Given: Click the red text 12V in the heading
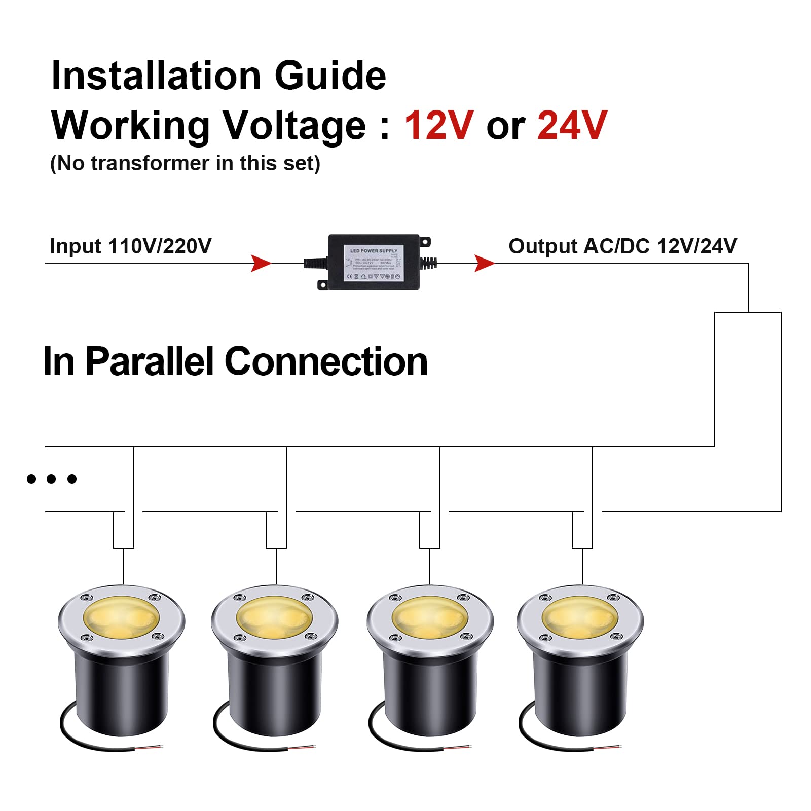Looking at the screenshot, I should click(439, 125).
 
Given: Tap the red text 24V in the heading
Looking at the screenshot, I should click(572, 125).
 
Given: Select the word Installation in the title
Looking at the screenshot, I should click(156, 76).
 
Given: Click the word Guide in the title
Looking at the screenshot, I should click(330, 76).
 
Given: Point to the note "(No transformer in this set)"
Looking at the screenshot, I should click(185, 164).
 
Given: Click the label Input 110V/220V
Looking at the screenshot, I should click(130, 246).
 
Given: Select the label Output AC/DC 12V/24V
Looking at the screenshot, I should click(622, 246).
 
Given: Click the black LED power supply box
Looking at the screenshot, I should click(374, 262).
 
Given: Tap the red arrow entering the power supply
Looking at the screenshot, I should click(261, 264).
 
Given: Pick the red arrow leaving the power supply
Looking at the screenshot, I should click(484, 264).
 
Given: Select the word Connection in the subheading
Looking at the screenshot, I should click(326, 362).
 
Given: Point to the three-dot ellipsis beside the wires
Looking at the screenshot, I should click(51, 478).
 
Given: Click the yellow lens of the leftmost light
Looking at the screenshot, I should click(121, 617).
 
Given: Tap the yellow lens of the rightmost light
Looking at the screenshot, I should click(580, 617).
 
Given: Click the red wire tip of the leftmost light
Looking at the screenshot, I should click(155, 747).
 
